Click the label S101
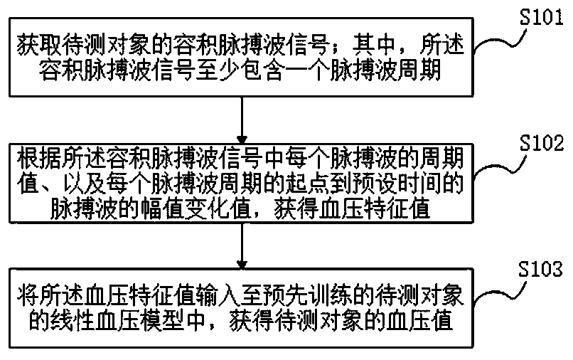click(542, 19)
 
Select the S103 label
click(542, 270)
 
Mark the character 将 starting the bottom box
click(24, 293)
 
